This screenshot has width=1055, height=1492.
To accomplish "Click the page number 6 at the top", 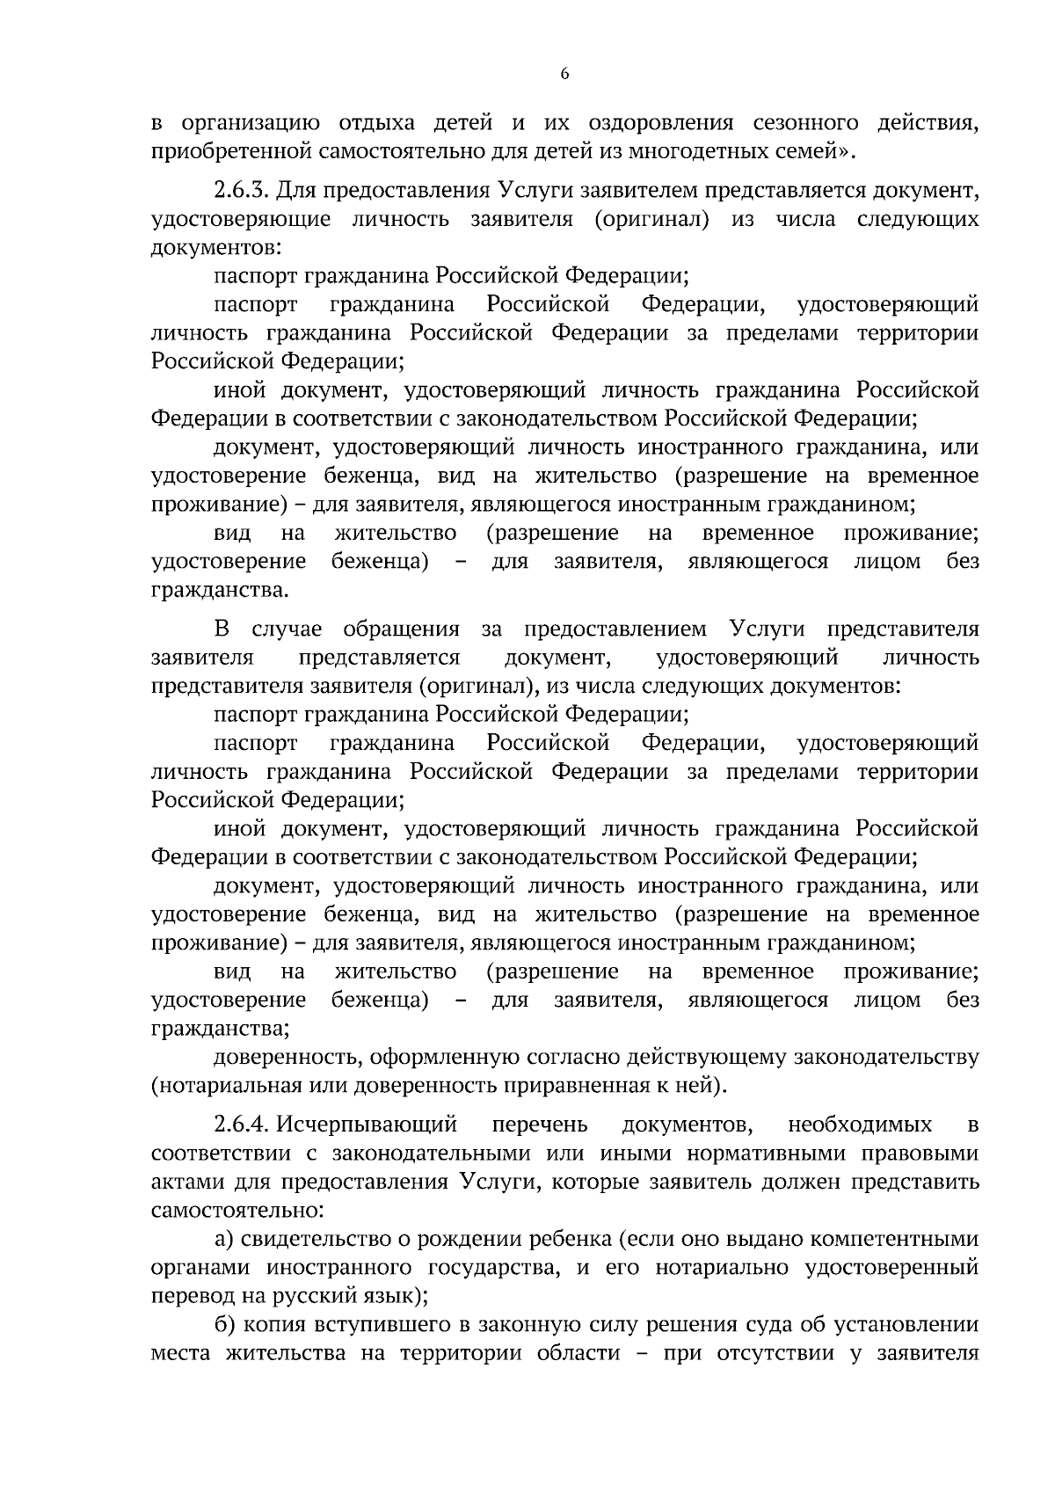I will [x=564, y=75].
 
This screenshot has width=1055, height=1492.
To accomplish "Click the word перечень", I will [x=540, y=1124].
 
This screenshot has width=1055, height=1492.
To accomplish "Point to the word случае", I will [x=287, y=630].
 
